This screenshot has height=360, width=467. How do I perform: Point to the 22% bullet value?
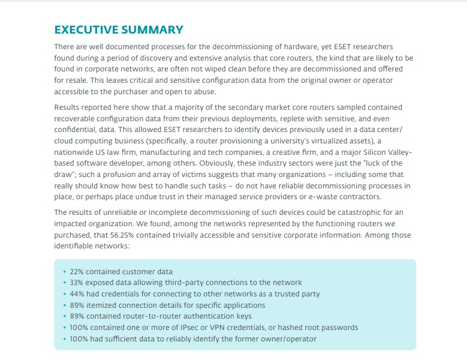pos(77,272)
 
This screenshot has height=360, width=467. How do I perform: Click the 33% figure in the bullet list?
pos(78,283)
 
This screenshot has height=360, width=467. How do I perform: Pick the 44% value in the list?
pos(78,294)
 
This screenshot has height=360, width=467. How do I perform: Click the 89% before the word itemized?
pos(78,305)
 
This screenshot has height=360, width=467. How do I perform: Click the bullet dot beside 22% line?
pos(65,272)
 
